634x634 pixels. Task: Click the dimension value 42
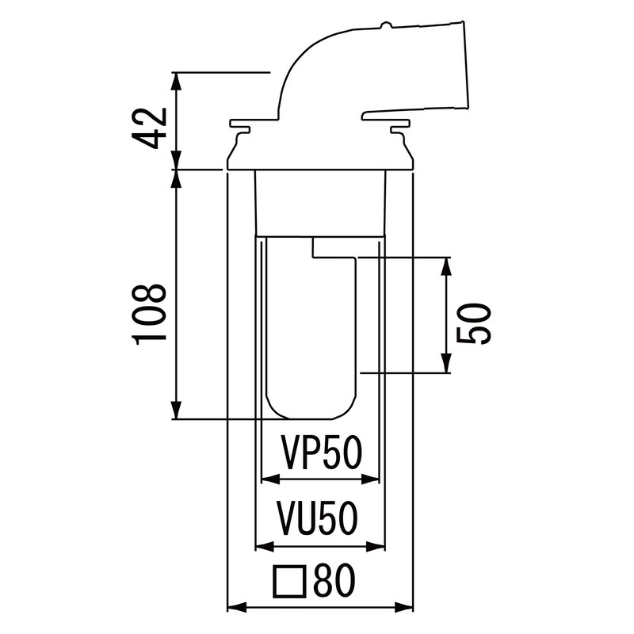click(150, 128)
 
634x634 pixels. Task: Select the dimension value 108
click(150, 314)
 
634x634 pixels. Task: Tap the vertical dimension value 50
click(474, 324)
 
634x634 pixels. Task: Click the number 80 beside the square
click(334, 581)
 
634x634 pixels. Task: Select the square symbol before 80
click(288, 582)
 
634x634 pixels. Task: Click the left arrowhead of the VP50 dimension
click(271, 479)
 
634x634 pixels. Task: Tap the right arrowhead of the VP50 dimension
click(370, 479)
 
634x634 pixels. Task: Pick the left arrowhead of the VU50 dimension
click(265, 547)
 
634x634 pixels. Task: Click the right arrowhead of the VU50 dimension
click(376, 547)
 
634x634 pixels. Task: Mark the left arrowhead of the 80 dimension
click(237, 606)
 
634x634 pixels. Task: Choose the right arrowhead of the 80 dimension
click(404, 606)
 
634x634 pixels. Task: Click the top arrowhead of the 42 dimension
click(176, 82)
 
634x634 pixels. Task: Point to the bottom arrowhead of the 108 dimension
click(176, 410)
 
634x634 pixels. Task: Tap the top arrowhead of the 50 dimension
click(446, 266)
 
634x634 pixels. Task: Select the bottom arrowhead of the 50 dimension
click(446, 364)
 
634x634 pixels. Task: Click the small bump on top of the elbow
click(385, 26)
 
